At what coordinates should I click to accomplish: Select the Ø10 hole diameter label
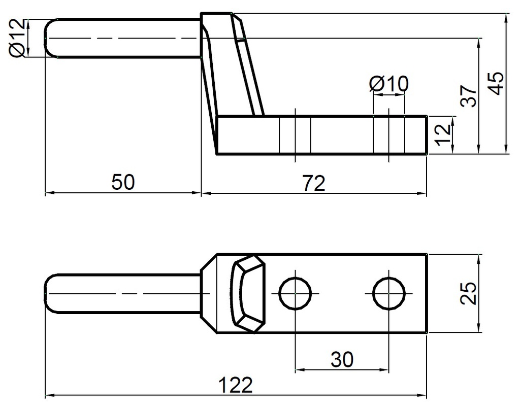pyautogui.click(x=388, y=84)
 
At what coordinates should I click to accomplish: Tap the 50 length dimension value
pyautogui.click(x=123, y=182)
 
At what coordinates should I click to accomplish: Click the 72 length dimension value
pyautogui.click(x=314, y=183)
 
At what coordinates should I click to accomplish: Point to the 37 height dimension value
pyautogui.click(x=469, y=95)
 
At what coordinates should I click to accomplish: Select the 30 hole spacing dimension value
pyautogui.click(x=342, y=359)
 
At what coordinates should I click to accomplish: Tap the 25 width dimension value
pyautogui.click(x=469, y=293)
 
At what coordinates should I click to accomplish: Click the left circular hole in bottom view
pyautogui.click(x=295, y=293)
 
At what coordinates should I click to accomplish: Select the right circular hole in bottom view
pyautogui.click(x=388, y=293)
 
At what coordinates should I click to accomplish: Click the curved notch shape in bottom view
pyautogui.click(x=248, y=294)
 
